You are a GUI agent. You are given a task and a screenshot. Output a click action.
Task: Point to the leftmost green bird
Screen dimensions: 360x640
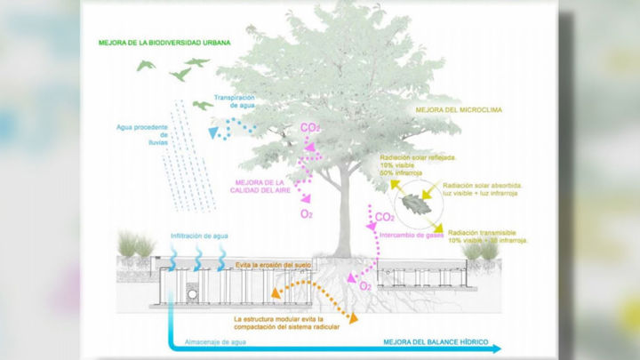pos(146,66)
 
